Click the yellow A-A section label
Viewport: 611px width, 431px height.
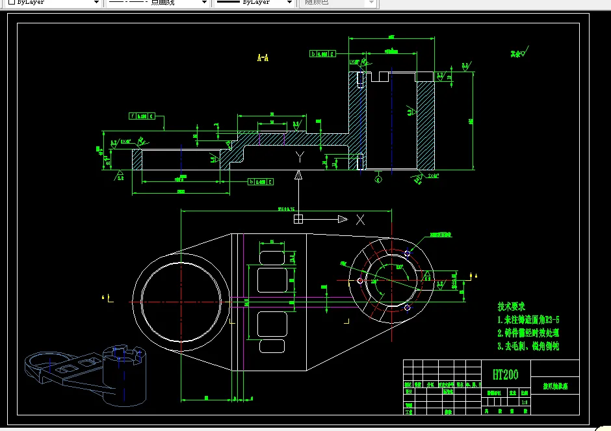pyautogui.click(x=263, y=58)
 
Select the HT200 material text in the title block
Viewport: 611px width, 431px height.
pyautogui.click(x=505, y=374)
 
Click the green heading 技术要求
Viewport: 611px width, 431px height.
pyautogui.click(x=511, y=306)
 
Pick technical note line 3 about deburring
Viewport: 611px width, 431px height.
pyautogui.click(x=528, y=346)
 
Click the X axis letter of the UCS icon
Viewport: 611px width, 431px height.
pyautogui.click(x=360, y=220)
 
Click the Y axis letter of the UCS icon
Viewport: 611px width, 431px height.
pyautogui.click(x=300, y=157)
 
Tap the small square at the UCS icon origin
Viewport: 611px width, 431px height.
pyautogui.click(x=298, y=220)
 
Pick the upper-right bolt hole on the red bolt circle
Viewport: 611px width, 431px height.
pyautogui.click(x=408, y=254)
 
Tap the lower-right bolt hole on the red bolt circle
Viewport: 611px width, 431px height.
pyautogui.click(x=408, y=307)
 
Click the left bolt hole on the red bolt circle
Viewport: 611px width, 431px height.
pyautogui.click(x=359, y=281)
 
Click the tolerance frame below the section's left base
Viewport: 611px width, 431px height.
pyautogui.click(x=261, y=182)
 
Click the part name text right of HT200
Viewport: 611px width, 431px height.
pyautogui.click(x=555, y=386)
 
